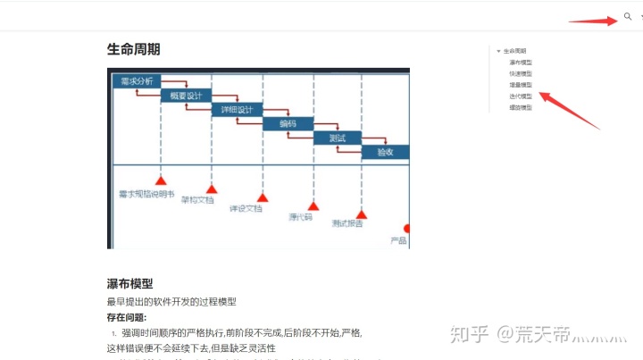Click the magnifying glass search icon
click(x=628, y=17)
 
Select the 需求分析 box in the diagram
click(x=138, y=81)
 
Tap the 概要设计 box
click(x=185, y=96)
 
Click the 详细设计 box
click(x=237, y=110)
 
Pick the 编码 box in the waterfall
click(x=288, y=124)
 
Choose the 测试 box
click(x=337, y=138)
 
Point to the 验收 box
click(x=385, y=153)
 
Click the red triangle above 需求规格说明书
click(x=162, y=181)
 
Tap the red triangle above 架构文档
click(x=212, y=188)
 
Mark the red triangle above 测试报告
click(x=362, y=212)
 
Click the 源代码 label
click(x=300, y=217)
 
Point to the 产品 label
click(x=398, y=241)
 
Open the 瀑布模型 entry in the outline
click(x=521, y=63)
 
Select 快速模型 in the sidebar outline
click(x=521, y=74)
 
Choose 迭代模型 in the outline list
click(x=521, y=96)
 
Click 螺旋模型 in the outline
click(x=521, y=107)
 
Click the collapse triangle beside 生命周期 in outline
click(x=498, y=51)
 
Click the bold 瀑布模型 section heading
click(x=129, y=284)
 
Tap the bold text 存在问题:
click(x=126, y=317)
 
